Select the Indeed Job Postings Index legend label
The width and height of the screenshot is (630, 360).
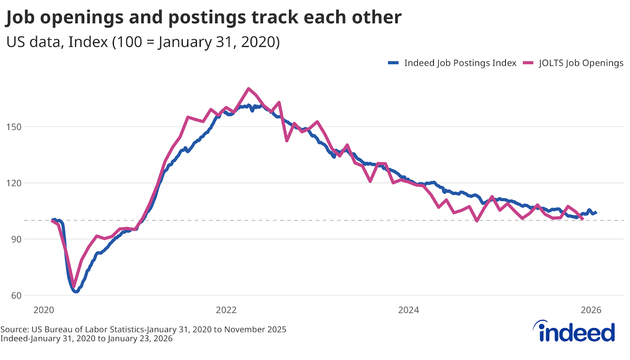pos(460,63)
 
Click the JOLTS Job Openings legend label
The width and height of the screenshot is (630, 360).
pos(581,63)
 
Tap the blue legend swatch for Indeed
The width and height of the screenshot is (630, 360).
pos(393,63)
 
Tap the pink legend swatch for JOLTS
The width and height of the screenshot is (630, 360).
pos(528,63)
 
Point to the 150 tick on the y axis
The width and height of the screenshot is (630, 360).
pos(14,127)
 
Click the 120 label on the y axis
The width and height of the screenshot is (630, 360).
pos(14,183)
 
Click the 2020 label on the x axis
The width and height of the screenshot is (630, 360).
pos(44,310)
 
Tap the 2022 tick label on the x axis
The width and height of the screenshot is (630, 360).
pos(226,310)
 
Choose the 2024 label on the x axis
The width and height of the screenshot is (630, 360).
pos(409,310)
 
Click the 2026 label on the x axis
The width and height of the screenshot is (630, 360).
pos(591,310)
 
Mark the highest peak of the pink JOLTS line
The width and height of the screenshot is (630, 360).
pos(248,89)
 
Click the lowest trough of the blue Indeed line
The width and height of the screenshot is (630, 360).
pos(76,291)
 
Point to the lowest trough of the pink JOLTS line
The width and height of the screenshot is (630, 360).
pos(74,286)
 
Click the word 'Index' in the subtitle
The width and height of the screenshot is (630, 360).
pos(88,42)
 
